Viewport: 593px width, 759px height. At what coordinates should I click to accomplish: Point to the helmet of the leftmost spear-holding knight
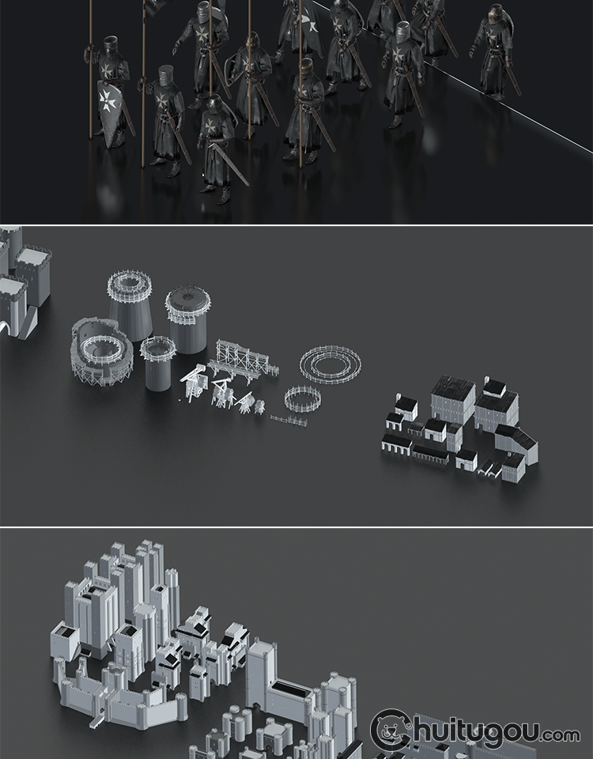point(111,46)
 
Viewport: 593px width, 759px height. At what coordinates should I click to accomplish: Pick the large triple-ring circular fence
point(330,364)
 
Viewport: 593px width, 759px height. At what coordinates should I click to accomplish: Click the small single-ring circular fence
point(303,398)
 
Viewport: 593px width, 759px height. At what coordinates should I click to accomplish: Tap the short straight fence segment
point(289,420)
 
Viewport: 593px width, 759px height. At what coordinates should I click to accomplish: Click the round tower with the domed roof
point(188,319)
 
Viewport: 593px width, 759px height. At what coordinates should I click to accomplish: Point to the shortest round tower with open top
point(158,363)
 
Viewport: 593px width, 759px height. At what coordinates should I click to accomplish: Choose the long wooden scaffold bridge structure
point(244,361)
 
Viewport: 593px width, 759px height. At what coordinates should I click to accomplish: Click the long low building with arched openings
point(396,444)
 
